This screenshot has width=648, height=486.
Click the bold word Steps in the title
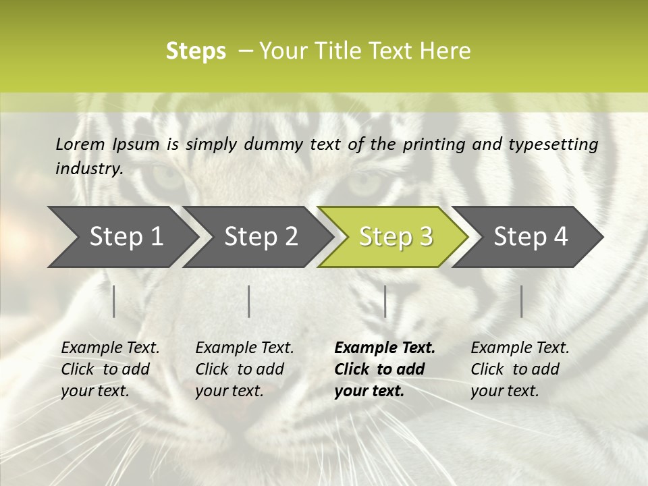coord(196,51)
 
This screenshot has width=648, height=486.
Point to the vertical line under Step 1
coord(114,301)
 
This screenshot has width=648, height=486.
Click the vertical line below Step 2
coord(249,301)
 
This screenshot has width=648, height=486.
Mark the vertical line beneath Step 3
coord(385,301)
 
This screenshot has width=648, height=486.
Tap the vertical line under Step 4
coord(522,301)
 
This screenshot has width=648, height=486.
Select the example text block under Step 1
coord(110,369)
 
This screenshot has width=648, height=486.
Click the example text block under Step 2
coord(244,369)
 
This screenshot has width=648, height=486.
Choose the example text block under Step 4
coord(520,369)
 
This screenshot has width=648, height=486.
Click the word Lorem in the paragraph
coord(80,144)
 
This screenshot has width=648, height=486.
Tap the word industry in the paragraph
coord(89,168)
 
